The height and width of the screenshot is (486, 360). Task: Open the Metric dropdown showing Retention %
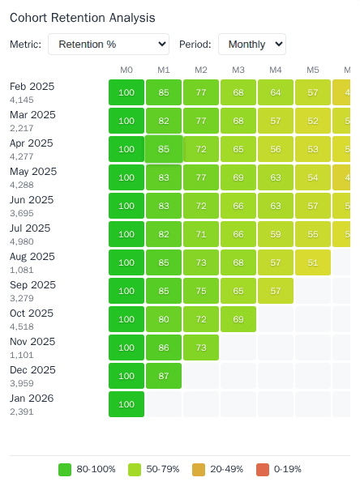(109, 45)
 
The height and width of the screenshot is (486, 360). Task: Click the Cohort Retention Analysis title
(83, 17)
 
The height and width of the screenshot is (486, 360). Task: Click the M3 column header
(238, 70)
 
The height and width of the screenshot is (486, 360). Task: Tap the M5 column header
(313, 70)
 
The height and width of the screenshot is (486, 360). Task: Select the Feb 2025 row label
(32, 86)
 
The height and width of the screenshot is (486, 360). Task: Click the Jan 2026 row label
(32, 398)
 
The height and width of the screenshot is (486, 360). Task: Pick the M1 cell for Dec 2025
(164, 376)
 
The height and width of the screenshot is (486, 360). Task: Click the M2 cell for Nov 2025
(201, 347)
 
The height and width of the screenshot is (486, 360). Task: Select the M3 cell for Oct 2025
(238, 319)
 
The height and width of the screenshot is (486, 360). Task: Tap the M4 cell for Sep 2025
(276, 291)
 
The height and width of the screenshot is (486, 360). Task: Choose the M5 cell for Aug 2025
(313, 262)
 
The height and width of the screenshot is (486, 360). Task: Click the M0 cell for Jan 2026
(126, 404)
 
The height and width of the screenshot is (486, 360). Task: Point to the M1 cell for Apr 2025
(164, 149)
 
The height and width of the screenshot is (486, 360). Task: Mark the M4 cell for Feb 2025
(276, 92)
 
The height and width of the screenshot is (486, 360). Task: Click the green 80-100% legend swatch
(66, 469)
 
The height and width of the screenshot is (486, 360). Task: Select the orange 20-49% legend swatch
(199, 469)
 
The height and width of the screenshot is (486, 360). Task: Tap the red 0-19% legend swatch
(263, 469)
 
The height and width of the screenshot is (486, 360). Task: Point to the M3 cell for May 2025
(238, 177)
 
